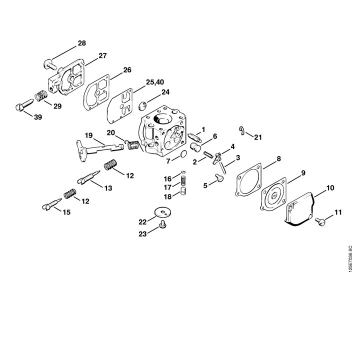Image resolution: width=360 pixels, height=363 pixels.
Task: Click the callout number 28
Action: tap(81, 43)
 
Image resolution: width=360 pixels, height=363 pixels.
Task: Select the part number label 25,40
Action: tap(155, 82)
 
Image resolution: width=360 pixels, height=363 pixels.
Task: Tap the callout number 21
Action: tap(258, 137)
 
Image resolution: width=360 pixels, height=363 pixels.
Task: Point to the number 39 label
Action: tap(38, 117)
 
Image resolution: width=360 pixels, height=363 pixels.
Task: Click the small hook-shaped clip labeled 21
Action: tap(242, 130)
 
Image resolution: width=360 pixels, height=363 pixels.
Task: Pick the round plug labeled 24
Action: tap(143, 106)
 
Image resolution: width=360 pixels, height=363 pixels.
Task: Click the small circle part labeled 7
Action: tap(183, 154)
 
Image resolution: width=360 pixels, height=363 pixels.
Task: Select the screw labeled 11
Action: tap(320, 221)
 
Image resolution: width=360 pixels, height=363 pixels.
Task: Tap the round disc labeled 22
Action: tap(163, 212)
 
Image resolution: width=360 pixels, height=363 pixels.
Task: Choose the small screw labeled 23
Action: tap(163, 224)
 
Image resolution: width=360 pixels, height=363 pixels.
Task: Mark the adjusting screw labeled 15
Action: tap(52, 204)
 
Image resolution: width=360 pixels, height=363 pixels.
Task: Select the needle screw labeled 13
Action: tap(88, 177)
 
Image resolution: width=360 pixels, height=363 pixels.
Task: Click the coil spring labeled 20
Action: tap(132, 145)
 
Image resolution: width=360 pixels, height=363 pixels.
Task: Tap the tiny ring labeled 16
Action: tap(183, 172)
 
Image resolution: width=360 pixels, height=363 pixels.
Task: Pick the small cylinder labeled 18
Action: tap(183, 191)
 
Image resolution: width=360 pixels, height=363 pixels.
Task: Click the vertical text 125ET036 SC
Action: tap(350, 258)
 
